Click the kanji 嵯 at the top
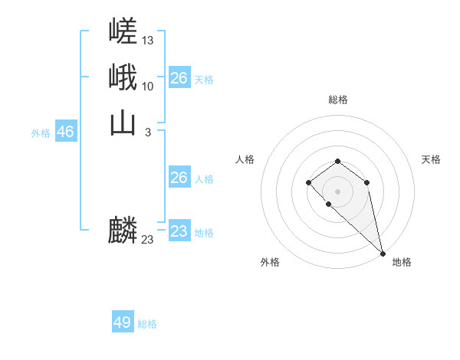[123, 31]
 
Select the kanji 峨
[123, 77]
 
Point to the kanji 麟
[123, 231]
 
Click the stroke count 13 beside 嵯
[148, 40]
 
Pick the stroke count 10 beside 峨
[148, 86]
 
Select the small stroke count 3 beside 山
[147, 132]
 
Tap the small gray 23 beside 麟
[148, 240]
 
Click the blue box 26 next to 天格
[179, 78]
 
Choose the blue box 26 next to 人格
[179, 178]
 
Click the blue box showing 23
[179, 231]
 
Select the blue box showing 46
[65, 132]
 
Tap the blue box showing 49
[123, 322]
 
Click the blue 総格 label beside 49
[147, 324]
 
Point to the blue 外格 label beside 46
[41, 133]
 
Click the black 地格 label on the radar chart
[402, 262]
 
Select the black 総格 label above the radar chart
[338, 100]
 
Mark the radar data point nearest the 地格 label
[383, 254]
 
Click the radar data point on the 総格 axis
[338, 161]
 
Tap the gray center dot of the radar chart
[338, 191]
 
